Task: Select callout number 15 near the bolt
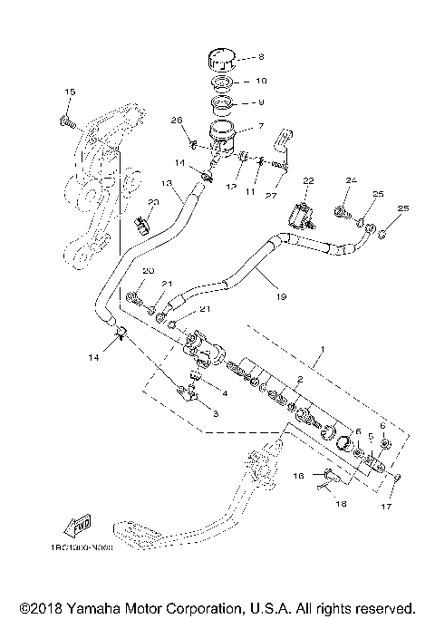[x=70, y=92]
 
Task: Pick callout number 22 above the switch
[x=309, y=182]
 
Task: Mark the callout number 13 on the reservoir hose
[x=153, y=205]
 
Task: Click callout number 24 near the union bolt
[x=351, y=181]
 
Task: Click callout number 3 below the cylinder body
[x=215, y=412]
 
